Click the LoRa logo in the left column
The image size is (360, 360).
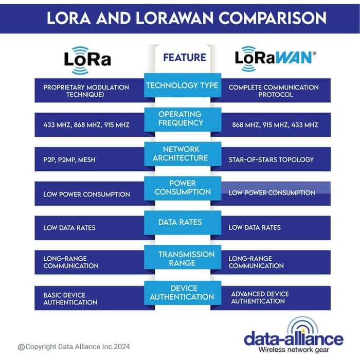[x=87, y=58]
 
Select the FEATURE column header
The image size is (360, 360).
[x=184, y=58]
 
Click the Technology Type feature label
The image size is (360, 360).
[x=182, y=85]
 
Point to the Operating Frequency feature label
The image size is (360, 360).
[x=180, y=118]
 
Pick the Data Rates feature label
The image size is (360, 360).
[x=181, y=222]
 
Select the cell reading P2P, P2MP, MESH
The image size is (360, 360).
[x=69, y=159]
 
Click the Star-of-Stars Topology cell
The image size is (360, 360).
[x=271, y=159]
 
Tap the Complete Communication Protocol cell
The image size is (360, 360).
[x=274, y=91]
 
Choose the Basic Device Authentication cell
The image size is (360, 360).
[x=70, y=299]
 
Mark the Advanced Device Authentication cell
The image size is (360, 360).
[x=260, y=298]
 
